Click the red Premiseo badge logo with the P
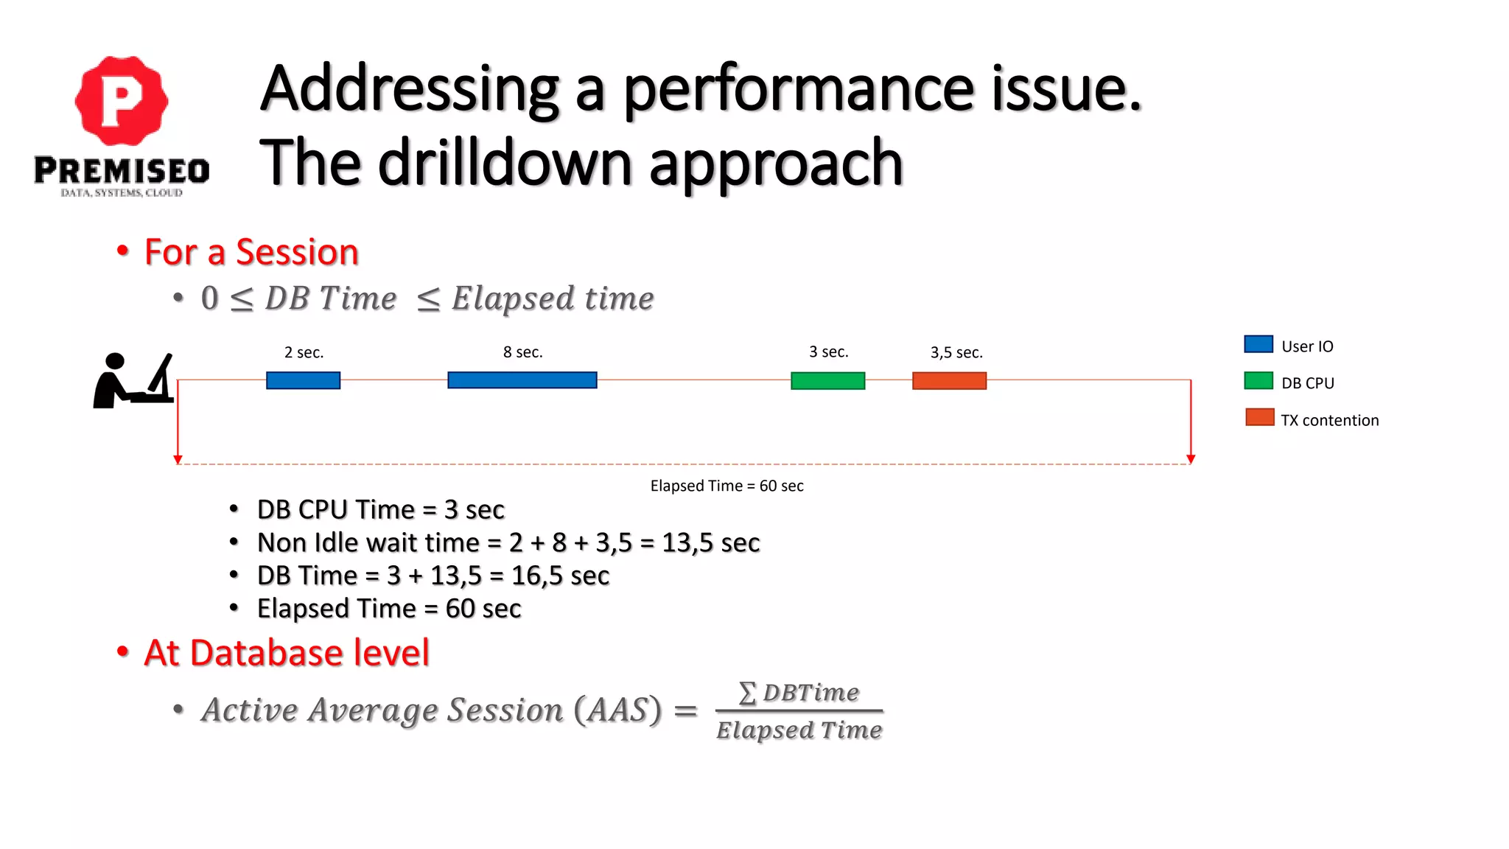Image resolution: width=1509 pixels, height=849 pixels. click(122, 101)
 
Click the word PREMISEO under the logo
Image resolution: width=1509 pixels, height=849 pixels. click(122, 171)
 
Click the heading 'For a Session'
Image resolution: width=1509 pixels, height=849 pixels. click(251, 252)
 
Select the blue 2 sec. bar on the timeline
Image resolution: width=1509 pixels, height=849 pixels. click(303, 380)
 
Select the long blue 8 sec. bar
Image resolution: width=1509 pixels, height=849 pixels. click(522, 380)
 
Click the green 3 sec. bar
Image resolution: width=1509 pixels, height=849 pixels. click(827, 380)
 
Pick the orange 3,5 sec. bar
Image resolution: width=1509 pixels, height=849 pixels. click(949, 380)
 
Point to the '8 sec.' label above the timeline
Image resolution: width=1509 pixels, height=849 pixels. click(522, 352)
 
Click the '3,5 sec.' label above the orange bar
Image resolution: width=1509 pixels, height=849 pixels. click(956, 352)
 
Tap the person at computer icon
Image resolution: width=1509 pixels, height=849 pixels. click(133, 380)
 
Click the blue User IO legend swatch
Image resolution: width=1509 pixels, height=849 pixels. click(1258, 344)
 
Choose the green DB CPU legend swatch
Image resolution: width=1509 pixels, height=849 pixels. click(1258, 381)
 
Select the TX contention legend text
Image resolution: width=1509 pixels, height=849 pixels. click(1329, 420)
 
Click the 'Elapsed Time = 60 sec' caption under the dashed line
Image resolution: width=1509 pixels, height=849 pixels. click(727, 486)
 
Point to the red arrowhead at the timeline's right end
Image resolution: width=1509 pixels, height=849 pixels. click(1191, 459)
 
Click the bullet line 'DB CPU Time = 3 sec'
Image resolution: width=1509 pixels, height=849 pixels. click(380, 509)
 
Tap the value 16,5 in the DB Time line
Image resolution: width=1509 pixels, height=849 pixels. click(536, 576)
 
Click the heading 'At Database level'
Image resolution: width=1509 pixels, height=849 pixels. click(287, 653)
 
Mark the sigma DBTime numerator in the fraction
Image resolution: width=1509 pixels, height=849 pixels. click(799, 693)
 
